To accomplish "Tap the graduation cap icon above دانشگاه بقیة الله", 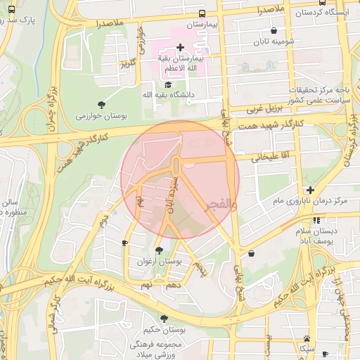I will coord(168,85).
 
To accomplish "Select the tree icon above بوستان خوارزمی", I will coord(101,104).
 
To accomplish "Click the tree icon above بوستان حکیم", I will coord(164,319).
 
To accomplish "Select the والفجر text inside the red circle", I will coord(220,205).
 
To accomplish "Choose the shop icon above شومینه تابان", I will coord(274,31).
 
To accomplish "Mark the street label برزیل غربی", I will coord(264,109).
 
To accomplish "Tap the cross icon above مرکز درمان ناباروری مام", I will coord(310,190).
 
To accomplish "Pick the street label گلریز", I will coord(127,65).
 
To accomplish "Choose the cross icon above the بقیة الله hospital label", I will coord(181,47).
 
